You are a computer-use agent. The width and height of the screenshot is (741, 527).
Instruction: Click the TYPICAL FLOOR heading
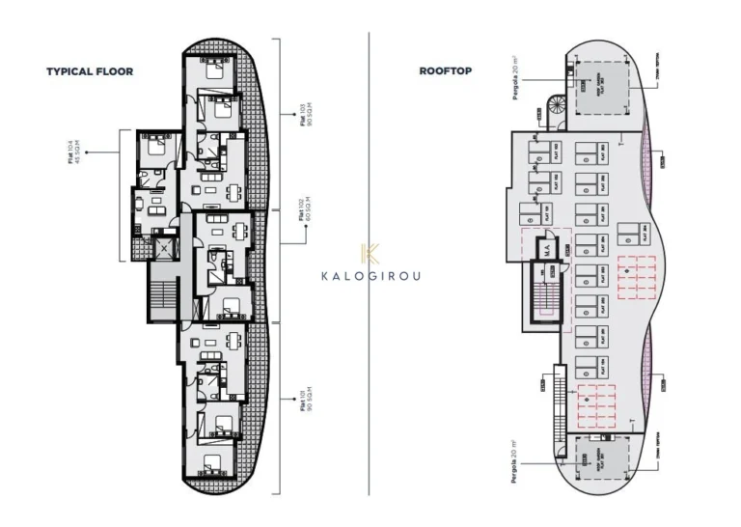90,71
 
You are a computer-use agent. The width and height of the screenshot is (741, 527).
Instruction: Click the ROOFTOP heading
445,71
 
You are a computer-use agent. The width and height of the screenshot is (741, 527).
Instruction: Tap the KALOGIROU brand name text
370,275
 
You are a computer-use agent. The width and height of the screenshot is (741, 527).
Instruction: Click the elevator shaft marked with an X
165,248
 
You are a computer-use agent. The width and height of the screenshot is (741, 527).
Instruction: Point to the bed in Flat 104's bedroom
155,151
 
